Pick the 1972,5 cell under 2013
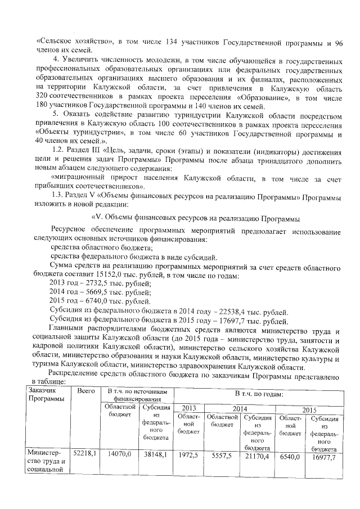pyautogui.click(x=188, y=452)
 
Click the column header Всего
pyautogui.click(x=85, y=390)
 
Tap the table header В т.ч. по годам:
pyautogui.click(x=258, y=394)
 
